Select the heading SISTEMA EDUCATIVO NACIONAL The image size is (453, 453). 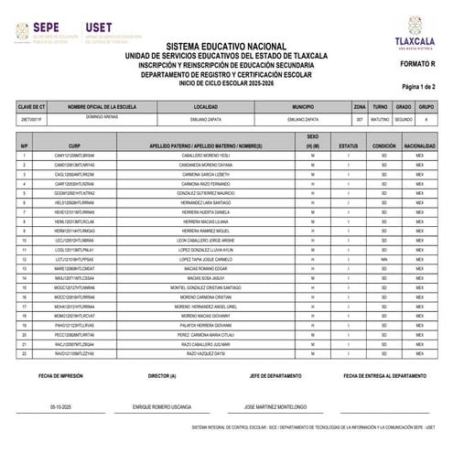[x=225, y=45]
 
